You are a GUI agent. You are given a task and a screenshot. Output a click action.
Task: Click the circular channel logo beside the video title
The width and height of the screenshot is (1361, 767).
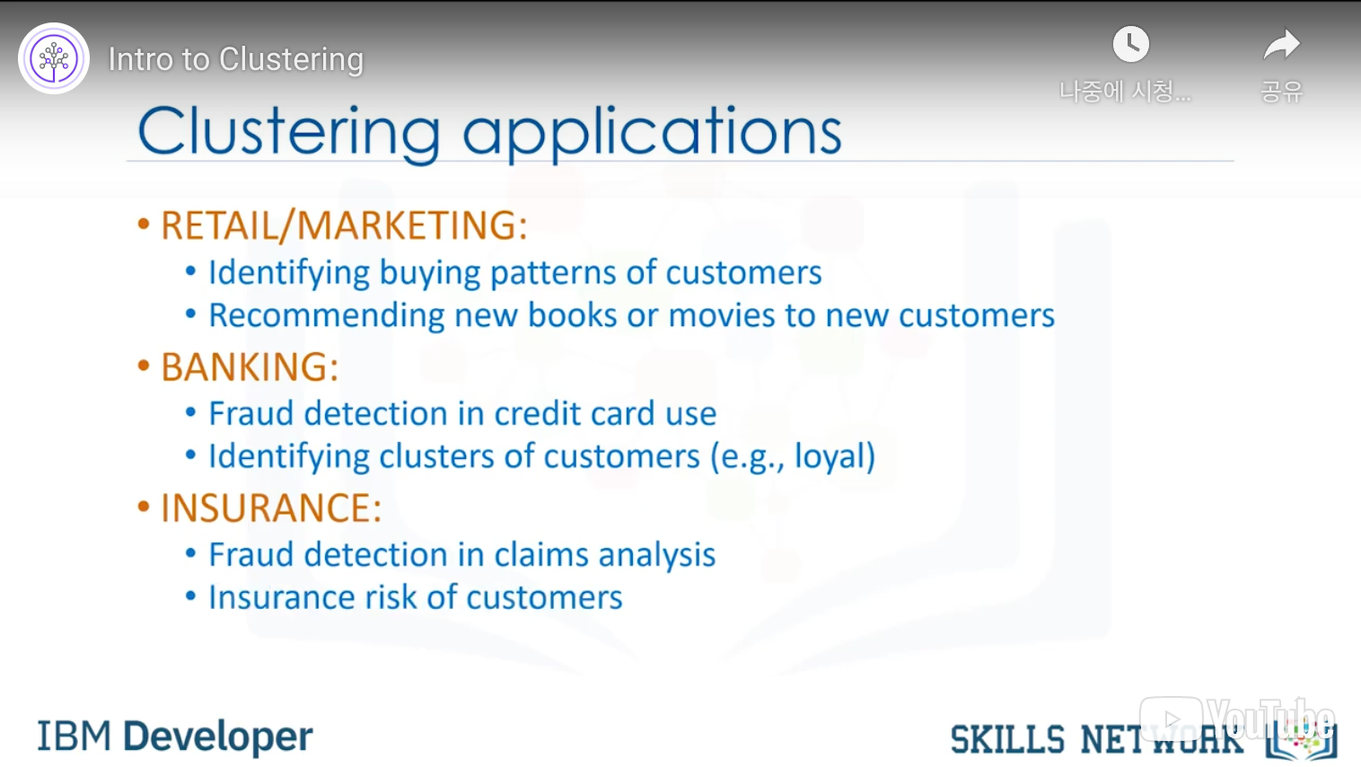54,58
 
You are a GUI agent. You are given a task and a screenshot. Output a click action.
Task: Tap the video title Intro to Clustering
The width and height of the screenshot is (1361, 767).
236,59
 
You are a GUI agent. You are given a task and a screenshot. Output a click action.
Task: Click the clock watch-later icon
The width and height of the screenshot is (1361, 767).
1130,44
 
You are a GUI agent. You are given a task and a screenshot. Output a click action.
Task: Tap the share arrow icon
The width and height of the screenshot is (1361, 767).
1281,44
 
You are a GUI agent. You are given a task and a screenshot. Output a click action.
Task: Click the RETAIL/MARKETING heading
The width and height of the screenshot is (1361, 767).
344,225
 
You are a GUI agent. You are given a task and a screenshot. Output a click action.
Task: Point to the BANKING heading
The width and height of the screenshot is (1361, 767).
249,367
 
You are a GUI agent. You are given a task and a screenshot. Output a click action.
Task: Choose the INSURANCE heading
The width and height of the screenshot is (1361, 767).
271,508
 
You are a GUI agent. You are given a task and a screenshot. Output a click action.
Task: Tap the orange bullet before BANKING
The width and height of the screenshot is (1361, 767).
144,366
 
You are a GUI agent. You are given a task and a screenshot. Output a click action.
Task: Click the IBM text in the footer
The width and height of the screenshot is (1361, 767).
75,736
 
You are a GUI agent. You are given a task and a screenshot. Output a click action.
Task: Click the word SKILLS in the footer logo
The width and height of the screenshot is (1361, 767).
1007,740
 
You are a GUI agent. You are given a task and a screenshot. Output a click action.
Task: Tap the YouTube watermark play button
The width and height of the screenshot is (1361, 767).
1171,719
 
